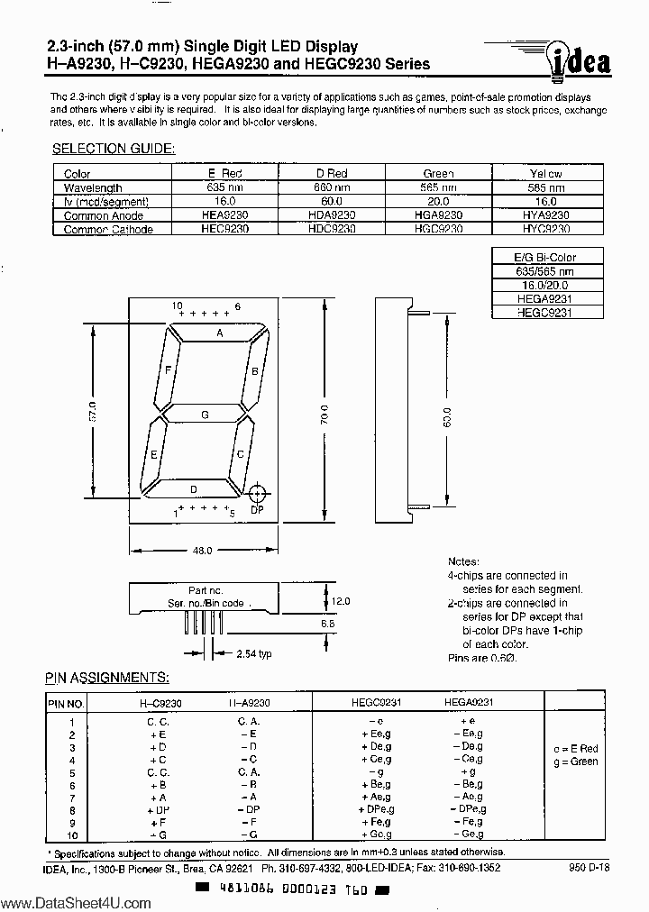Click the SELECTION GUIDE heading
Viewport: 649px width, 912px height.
coord(114,149)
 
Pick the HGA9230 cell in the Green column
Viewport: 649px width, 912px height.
coord(438,215)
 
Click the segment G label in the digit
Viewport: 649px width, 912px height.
coord(206,415)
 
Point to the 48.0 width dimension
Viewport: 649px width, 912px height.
coord(201,550)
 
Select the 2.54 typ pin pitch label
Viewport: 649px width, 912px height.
coord(253,653)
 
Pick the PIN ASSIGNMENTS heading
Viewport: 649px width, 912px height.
coord(107,677)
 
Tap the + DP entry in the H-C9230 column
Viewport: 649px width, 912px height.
coord(159,810)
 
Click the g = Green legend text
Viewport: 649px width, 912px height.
coord(576,762)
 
